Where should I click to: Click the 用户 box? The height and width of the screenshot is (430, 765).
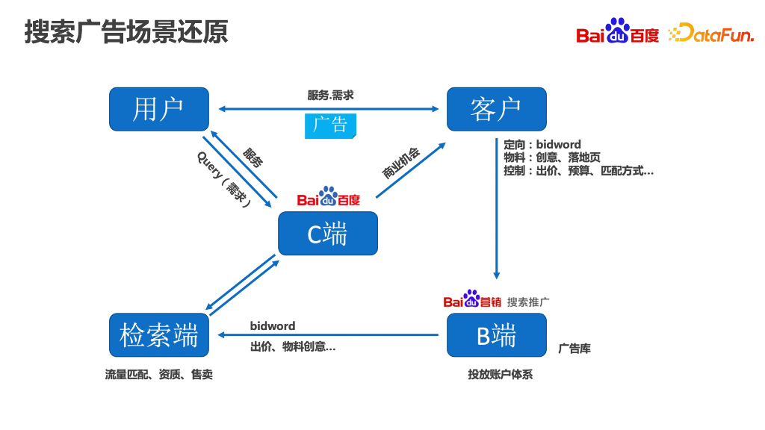coord(158,109)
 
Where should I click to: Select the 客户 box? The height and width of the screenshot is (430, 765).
coord(496,109)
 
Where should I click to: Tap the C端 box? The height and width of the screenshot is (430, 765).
coord(327,234)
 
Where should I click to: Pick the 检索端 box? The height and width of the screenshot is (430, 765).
coord(158,335)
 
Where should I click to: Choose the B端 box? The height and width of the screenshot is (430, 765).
coord(496,335)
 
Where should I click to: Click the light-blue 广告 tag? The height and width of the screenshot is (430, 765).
coord(330,125)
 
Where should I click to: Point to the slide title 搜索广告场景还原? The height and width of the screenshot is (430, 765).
coord(126,32)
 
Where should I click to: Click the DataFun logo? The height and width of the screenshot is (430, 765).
coord(710,33)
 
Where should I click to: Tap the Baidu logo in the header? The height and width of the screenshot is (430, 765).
coord(617,31)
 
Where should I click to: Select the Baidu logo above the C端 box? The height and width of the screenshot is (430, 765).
coord(328,197)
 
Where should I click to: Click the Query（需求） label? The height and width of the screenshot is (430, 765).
coord(223,179)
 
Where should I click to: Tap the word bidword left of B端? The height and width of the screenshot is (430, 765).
coord(273,325)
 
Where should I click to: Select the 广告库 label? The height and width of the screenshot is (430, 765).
coord(574,349)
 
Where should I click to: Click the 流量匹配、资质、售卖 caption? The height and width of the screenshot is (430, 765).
coord(158,375)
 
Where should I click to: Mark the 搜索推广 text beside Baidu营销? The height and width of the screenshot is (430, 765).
coord(528,302)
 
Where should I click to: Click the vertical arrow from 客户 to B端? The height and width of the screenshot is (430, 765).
coord(496,209)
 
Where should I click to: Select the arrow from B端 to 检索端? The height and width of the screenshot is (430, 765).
coord(329,335)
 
